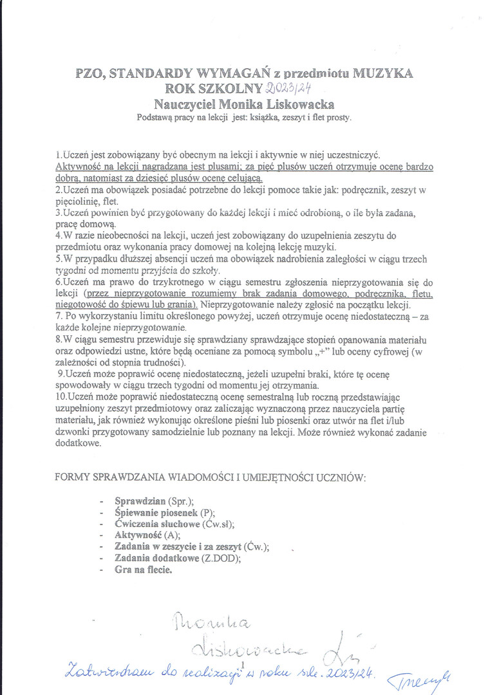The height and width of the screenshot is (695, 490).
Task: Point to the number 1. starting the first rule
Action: [x=59, y=155]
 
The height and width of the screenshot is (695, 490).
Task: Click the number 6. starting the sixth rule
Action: [x=59, y=282]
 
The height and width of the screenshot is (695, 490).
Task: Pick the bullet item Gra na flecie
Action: [x=144, y=570]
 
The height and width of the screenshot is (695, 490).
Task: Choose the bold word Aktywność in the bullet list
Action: [x=138, y=535]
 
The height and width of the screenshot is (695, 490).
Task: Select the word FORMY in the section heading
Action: [x=73, y=478]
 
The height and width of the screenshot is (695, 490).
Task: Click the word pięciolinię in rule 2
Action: [x=80, y=201]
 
